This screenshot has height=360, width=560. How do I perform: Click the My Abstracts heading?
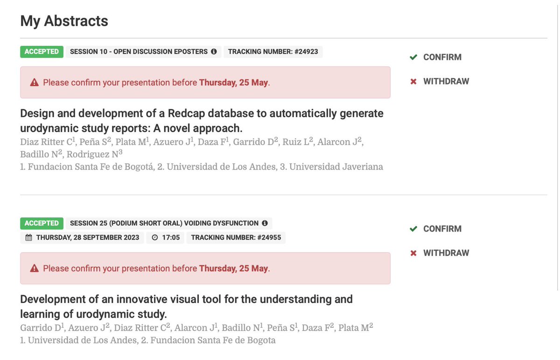point(64,21)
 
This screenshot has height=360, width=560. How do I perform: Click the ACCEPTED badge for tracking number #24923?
point(42,51)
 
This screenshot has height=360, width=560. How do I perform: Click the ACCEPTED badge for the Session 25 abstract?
point(42,223)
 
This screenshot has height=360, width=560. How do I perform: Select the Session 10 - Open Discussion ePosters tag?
point(139,51)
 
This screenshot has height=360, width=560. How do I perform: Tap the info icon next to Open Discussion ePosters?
point(214,51)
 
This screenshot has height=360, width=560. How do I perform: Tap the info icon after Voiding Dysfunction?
point(265,223)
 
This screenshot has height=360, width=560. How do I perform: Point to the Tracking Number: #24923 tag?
point(273,51)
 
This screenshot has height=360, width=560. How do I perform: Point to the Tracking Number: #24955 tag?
point(236,237)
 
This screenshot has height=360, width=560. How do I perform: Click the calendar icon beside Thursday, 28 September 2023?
point(28,237)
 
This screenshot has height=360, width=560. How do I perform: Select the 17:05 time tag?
point(166,237)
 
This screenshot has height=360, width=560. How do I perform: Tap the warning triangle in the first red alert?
point(34,83)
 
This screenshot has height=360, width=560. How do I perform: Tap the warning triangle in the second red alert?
point(34,268)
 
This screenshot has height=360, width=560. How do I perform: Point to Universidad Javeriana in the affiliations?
point(336,167)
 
